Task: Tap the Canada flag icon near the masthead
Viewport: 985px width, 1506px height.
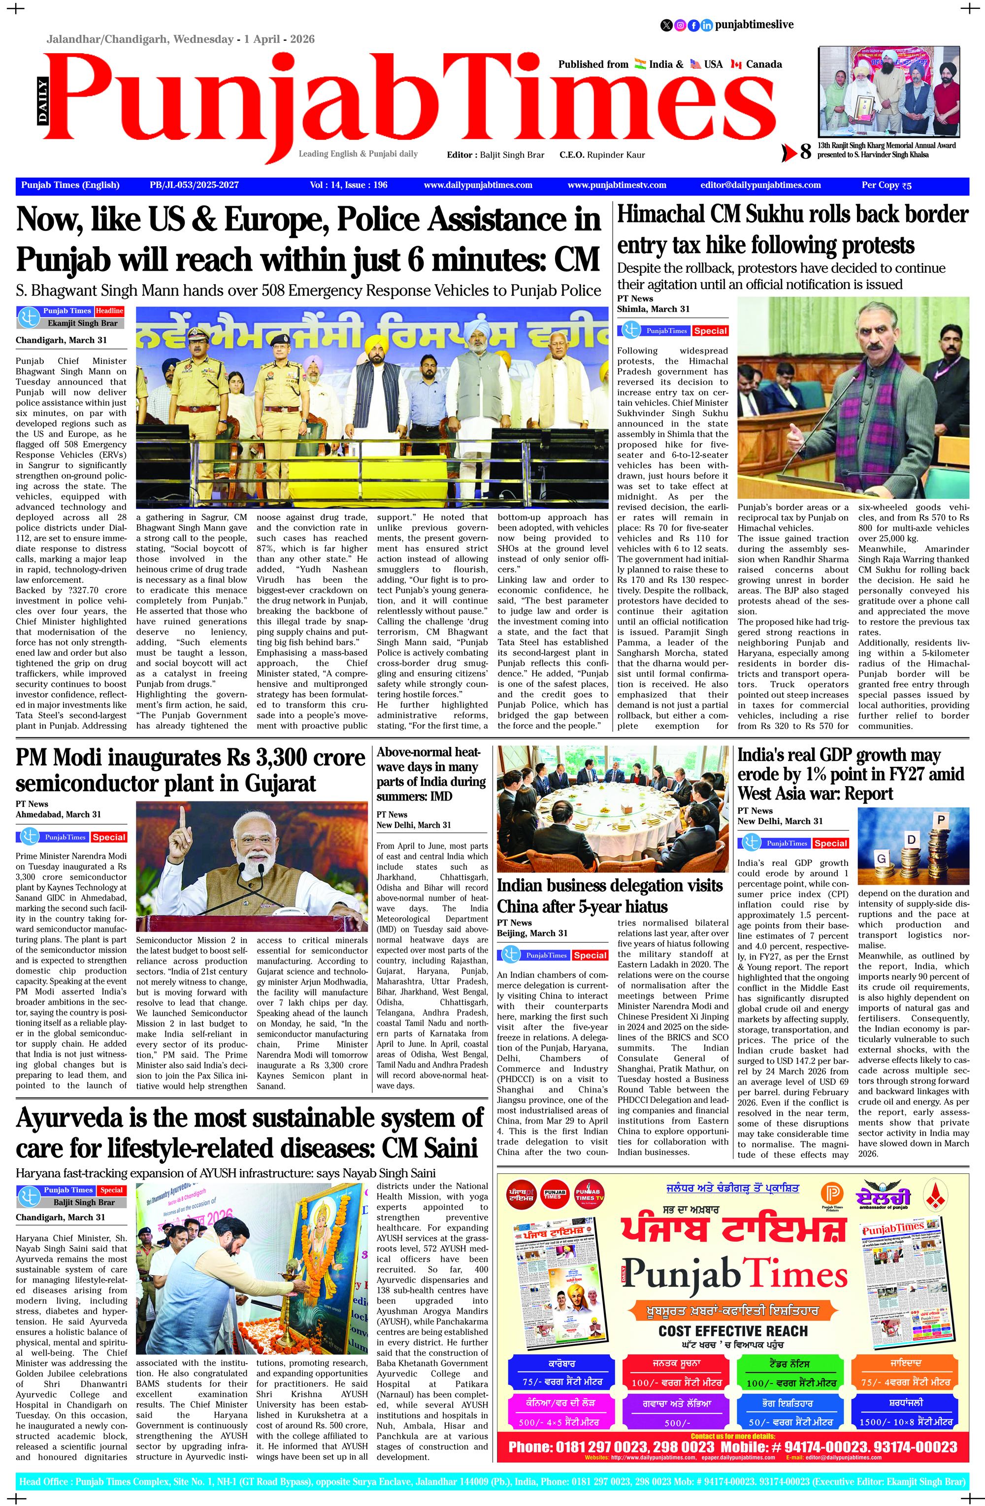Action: click(736, 64)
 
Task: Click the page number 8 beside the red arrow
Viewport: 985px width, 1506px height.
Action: click(805, 152)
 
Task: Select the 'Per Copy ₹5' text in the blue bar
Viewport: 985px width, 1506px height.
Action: click(886, 186)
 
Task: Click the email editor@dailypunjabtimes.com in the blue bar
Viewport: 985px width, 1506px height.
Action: click(760, 186)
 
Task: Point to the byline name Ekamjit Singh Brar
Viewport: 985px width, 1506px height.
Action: click(82, 323)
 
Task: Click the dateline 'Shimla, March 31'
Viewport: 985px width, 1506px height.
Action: click(653, 309)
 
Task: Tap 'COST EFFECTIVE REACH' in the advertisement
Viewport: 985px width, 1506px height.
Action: click(733, 1330)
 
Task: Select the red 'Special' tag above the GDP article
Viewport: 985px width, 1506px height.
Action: click(830, 843)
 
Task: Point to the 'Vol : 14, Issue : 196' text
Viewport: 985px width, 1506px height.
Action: click(348, 186)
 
